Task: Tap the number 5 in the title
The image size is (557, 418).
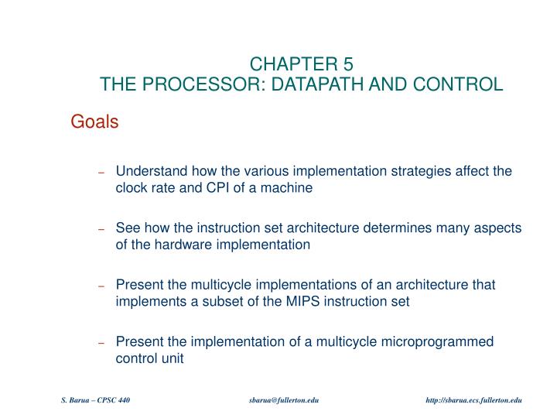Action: point(348,64)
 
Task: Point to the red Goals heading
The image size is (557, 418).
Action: point(94,122)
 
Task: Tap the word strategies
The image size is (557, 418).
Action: point(412,171)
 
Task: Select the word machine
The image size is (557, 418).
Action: point(288,188)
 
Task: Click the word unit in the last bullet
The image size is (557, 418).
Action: point(172,359)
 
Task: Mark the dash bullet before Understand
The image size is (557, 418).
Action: point(101,172)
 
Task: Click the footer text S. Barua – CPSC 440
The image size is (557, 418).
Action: point(96,399)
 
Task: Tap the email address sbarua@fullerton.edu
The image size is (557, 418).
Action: point(285,399)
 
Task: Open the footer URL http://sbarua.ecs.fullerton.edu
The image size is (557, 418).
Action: point(474,399)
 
